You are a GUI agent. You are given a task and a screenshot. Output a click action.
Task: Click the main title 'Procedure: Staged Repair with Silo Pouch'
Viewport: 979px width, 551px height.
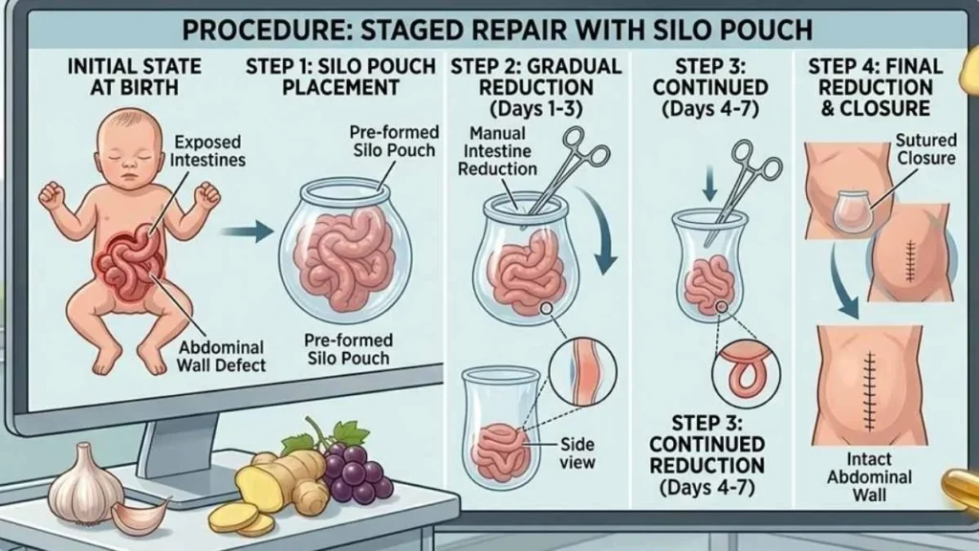(x=496, y=29)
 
